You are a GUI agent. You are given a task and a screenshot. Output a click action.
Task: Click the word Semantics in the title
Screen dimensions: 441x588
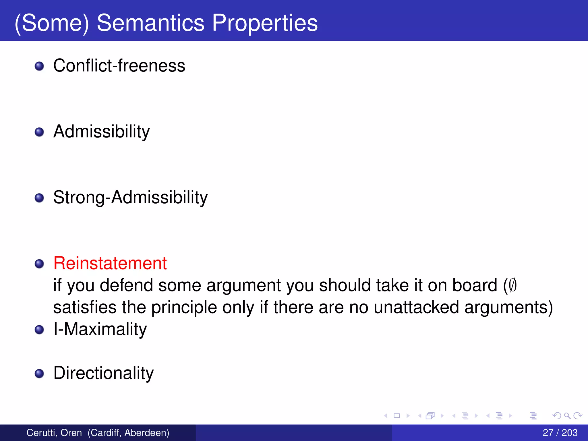pos(150,23)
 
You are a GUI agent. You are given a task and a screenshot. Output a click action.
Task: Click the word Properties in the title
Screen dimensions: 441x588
pos(264,23)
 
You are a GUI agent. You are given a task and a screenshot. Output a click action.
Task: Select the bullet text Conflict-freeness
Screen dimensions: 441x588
pos(119,66)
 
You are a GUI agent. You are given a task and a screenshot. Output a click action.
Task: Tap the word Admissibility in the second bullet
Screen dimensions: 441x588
pos(101,132)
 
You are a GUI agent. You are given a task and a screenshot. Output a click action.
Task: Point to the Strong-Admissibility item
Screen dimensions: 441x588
pos(130,198)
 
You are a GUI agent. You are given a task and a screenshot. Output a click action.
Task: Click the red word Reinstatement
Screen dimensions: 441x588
pos(110,263)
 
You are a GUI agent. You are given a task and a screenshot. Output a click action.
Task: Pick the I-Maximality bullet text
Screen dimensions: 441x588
pos(100,329)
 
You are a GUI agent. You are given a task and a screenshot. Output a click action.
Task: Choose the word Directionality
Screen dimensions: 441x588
pos(103,373)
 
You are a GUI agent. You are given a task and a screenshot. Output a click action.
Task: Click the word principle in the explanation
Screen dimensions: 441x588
pos(184,307)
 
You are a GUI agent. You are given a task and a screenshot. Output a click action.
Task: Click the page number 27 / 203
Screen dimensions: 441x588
pos(560,433)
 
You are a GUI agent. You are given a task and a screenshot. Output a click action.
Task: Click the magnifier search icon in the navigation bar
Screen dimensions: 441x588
pos(567,416)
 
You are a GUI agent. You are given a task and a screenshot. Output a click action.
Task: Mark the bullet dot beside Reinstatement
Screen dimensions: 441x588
pos(39,264)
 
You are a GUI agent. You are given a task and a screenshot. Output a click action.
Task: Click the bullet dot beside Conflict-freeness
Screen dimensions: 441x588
pos(39,66)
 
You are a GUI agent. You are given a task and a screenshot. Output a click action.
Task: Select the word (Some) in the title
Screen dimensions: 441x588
pos(52,23)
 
